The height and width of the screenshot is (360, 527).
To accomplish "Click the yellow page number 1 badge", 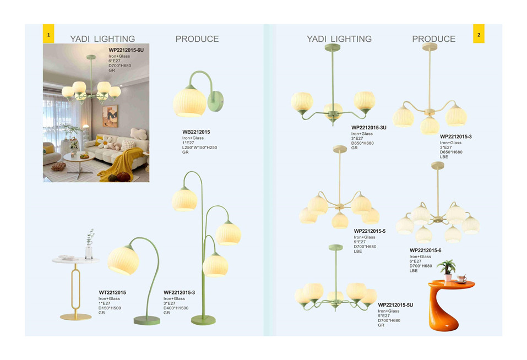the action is coord(48,34).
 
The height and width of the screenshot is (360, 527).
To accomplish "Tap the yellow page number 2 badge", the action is coord(479,34).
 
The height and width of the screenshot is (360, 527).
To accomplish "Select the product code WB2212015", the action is coord(196,132).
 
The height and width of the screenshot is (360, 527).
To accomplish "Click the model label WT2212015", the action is coord(112,292).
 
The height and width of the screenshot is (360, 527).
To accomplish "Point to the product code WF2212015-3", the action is coord(179,292).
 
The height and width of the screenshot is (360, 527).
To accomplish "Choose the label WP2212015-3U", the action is coord(369,128).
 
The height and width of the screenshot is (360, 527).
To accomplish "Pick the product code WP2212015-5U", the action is coord(395,305).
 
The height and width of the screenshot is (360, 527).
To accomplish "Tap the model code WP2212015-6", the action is coord(425,250).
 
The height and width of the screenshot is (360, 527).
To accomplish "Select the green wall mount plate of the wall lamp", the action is coord(216,101).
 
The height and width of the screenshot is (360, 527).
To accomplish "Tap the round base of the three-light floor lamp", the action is coord(203,320).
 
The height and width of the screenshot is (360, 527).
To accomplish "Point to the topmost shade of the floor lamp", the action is coord(184,199).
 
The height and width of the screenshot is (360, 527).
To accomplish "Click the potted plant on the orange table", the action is coord(447,270).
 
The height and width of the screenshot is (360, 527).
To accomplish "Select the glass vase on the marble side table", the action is coord(89,252).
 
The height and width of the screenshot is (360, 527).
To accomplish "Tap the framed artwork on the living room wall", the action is coord(110,116).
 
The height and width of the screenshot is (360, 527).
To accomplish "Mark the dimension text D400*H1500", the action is coord(176,308).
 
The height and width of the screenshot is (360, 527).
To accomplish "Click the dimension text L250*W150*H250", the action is coord(200,148).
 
